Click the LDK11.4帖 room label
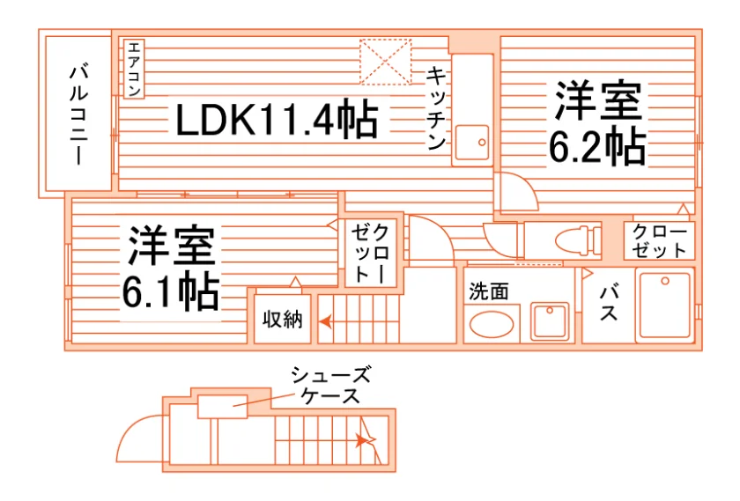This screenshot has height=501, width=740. click(x=277, y=119)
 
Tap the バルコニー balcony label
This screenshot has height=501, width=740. click(x=78, y=114)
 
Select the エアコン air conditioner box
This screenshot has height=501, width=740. click(x=134, y=69)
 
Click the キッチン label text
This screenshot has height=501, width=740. click(x=437, y=108)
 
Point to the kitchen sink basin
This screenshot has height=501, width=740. click(x=473, y=142)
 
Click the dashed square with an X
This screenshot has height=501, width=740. click(x=386, y=62)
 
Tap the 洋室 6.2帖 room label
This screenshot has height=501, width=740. click(x=598, y=122)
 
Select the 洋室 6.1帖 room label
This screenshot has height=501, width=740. click(x=171, y=268)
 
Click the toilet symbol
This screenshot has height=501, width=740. click(x=578, y=240)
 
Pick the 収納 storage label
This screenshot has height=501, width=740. click(x=282, y=320)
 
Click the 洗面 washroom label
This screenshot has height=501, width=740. click(x=489, y=292)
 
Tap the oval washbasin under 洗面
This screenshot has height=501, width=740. click(x=492, y=325)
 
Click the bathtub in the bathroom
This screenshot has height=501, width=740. click(x=665, y=305)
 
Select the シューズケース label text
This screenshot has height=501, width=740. click(x=330, y=385)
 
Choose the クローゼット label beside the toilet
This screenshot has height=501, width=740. click(x=659, y=240)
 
